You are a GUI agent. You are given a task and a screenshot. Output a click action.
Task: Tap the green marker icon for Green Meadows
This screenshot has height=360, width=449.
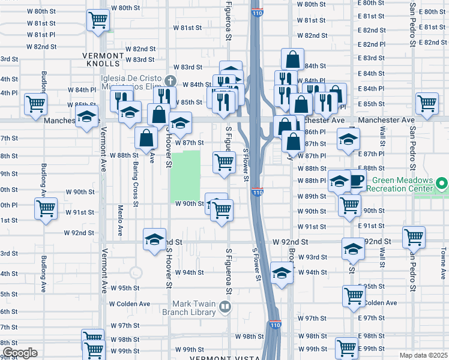[x=442, y=182]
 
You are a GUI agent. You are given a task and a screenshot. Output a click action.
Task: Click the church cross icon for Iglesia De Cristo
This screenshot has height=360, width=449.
[x=170, y=80]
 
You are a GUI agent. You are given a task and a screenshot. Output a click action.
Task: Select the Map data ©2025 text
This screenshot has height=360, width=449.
[x=424, y=355]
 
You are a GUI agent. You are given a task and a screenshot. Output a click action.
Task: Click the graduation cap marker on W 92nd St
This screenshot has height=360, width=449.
[x=154, y=238]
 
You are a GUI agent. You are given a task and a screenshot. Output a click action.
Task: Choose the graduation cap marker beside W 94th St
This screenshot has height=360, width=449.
[x=280, y=272]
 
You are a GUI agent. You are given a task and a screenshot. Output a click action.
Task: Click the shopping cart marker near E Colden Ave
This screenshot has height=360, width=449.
[x=354, y=295]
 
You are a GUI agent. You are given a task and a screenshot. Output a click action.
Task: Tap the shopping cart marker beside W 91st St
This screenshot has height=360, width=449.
[x=46, y=209]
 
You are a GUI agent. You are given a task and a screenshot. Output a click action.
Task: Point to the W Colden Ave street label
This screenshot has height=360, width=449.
[x=129, y=304]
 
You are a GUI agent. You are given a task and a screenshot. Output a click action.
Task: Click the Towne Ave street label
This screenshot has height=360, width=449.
[x=443, y=261]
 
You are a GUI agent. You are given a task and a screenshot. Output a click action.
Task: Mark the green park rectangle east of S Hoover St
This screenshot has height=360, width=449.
[x=185, y=175]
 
